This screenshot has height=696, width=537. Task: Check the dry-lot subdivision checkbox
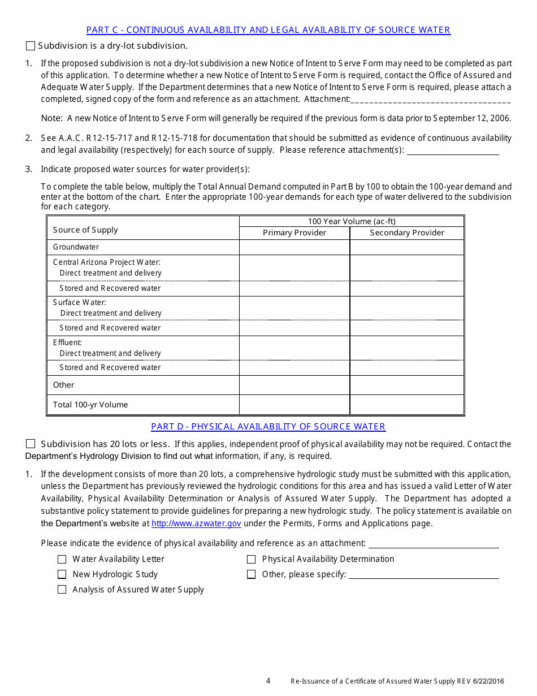point(31,46)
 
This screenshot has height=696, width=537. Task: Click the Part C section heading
point(268,30)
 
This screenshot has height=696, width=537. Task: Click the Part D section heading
point(268,427)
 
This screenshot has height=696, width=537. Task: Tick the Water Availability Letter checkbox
point(62,559)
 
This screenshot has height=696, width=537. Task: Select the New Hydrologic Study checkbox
point(62,574)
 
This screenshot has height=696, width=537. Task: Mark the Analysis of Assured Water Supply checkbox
point(62,590)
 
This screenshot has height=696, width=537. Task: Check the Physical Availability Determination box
point(252,559)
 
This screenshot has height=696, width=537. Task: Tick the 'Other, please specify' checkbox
point(252,574)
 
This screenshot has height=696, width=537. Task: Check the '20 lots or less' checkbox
point(31,444)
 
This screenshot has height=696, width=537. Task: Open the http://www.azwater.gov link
point(197,523)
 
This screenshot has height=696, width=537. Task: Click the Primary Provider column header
point(295,233)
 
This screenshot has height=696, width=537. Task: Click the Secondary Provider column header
point(407,233)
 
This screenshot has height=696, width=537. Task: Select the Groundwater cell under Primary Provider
point(295,247)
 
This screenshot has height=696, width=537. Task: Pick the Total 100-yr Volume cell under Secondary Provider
point(407,405)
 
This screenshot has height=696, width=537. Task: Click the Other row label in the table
point(64,385)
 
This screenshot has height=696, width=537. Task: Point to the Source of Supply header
point(85,230)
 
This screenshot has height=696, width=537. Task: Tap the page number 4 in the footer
point(268,681)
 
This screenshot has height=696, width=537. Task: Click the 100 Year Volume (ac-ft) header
point(352,221)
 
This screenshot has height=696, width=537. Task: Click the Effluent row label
point(68,342)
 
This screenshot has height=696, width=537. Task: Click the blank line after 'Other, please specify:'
point(424,574)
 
